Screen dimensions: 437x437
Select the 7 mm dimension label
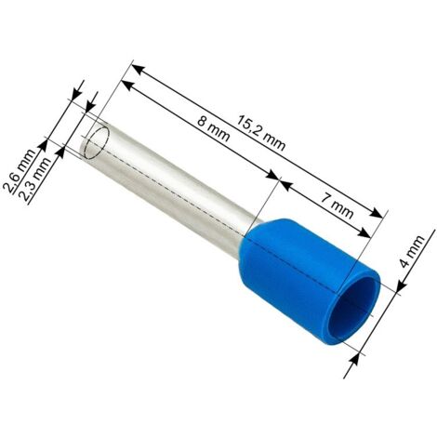tap(337, 205)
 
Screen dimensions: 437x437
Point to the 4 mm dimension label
tap(412, 251)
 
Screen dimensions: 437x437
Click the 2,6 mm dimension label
tap(22, 171)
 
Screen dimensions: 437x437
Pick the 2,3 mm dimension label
tap(34, 180)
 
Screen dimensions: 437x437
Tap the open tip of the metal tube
tap(97, 140)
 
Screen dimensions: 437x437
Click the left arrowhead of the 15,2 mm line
tap(139, 70)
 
